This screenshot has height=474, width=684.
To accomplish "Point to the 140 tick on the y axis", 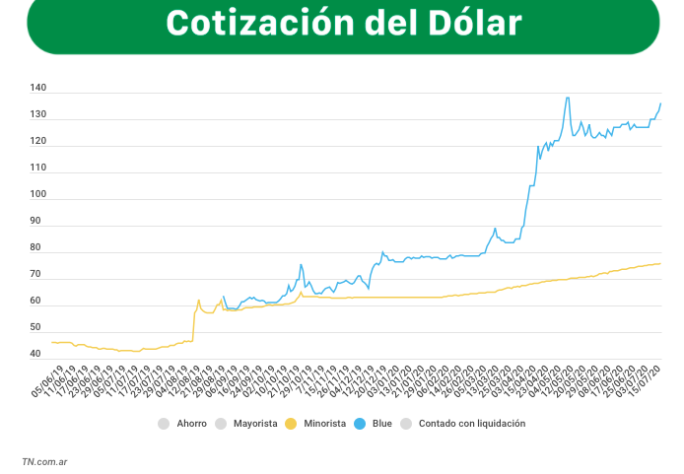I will [x=37, y=89].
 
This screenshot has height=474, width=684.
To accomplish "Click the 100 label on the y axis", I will [x=37, y=194].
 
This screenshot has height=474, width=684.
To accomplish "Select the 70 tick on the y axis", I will [x=37, y=274].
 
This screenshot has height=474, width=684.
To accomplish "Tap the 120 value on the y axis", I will [x=37, y=141].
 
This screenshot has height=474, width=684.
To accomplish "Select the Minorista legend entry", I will [x=324, y=424].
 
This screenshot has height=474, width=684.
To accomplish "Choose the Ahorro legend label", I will [x=191, y=424].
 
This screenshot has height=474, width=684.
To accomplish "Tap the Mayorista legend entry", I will [x=254, y=424].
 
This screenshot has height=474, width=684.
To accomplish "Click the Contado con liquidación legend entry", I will [x=472, y=424].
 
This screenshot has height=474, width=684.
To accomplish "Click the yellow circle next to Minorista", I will [x=291, y=424].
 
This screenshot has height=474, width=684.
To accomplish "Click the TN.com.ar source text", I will [x=44, y=460].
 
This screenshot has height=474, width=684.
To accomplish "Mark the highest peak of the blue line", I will [x=568, y=98].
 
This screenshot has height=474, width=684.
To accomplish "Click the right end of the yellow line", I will [x=660, y=263].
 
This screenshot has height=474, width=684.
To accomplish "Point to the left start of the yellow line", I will [x=52, y=342].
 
